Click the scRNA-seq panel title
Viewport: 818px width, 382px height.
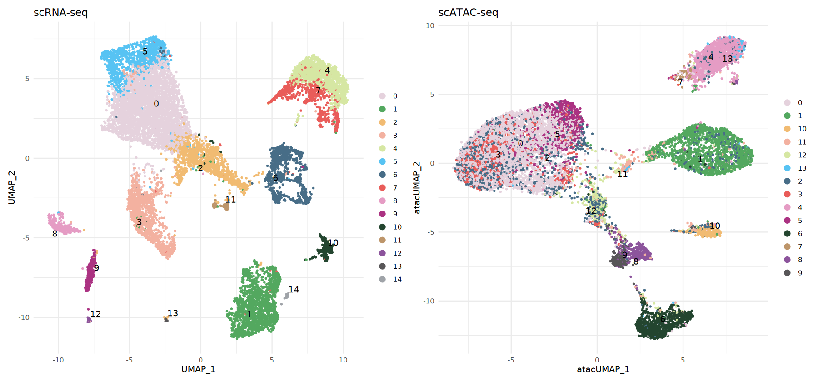[60, 12]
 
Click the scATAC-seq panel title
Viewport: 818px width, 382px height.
[468, 12]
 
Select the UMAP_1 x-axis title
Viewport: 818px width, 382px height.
[198, 369]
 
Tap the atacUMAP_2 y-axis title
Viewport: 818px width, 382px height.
[417, 187]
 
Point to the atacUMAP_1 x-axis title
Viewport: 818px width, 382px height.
[603, 369]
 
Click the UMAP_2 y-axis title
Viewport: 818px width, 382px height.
[11, 187]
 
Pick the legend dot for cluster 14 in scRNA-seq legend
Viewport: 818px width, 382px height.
[383, 279]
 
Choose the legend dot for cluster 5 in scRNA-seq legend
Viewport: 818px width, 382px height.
[383, 161]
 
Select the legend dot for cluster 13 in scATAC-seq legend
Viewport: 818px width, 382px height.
[787, 168]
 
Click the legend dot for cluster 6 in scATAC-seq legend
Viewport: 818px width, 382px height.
[787, 233]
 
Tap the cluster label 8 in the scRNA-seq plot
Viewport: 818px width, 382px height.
[55, 234]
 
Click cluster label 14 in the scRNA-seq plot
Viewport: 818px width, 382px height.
[294, 289]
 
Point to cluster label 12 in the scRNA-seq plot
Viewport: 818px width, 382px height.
[95, 314]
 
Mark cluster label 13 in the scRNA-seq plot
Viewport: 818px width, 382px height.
[173, 313]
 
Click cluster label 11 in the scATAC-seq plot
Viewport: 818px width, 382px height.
[622, 174]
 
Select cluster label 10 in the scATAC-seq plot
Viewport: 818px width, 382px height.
[715, 226]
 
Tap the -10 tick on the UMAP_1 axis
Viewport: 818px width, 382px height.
[58, 360]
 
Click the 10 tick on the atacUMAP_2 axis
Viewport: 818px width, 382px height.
[430, 25]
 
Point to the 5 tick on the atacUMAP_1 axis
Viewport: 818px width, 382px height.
[683, 360]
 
